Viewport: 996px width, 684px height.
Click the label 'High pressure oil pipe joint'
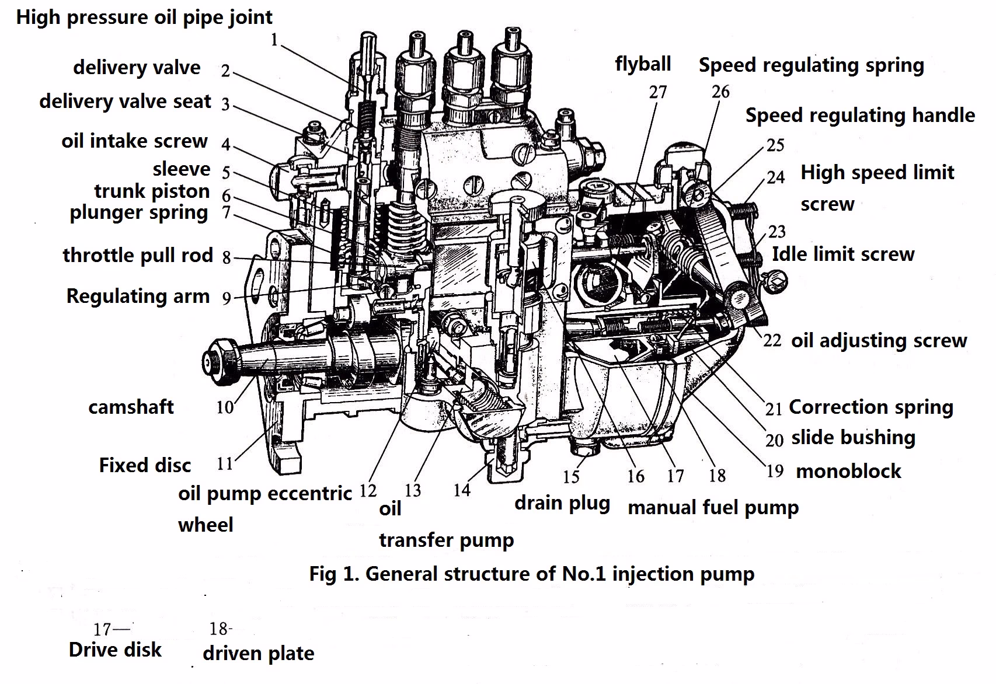click(144, 18)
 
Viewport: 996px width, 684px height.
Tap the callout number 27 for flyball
click(657, 92)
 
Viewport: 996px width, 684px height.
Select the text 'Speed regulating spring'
click(811, 65)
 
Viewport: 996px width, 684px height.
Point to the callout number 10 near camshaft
click(225, 407)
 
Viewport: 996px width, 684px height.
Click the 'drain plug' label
click(562, 503)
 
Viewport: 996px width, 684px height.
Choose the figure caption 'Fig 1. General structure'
click(531, 574)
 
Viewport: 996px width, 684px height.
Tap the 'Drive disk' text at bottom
click(115, 650)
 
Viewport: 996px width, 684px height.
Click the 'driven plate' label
click(258, 654)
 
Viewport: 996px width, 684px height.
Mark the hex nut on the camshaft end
click(221, 360)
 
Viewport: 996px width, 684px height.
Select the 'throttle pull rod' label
click(138, 256)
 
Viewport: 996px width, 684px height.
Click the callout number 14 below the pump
click(461, 490)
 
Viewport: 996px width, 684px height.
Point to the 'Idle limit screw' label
click(842, 254)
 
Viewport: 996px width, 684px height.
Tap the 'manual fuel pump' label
click(713, 508)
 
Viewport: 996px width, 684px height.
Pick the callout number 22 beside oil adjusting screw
click(772, 341)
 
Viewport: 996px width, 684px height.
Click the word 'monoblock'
click(848, 472)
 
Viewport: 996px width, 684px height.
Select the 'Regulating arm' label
click(138, 296)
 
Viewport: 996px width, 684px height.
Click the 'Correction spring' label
click(870, 407)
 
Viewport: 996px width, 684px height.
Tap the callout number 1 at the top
click(274, 40)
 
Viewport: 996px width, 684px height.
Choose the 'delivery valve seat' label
click(125, 102)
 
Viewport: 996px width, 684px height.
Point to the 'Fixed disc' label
click(145, 466)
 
